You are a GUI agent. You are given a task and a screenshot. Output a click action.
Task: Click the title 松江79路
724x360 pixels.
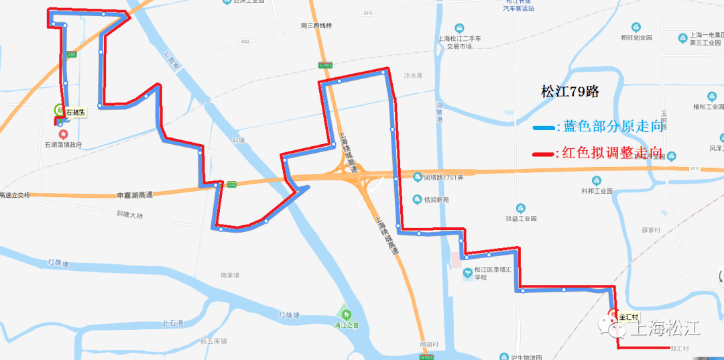569,92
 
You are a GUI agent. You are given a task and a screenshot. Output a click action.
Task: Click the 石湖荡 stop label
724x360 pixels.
75,112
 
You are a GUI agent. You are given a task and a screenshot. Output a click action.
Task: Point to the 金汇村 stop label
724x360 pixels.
630,316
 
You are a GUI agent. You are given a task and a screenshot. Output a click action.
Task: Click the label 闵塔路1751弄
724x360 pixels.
443,178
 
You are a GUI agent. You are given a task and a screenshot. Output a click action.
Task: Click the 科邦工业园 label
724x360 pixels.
597,190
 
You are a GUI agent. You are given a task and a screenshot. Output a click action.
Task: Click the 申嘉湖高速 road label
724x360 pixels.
135,195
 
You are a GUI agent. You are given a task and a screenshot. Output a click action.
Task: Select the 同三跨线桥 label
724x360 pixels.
316,25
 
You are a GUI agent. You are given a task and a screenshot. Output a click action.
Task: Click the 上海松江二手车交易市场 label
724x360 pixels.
459,42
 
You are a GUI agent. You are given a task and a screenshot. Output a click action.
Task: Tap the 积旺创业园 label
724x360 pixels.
636,38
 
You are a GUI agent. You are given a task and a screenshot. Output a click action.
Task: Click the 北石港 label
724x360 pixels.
172,324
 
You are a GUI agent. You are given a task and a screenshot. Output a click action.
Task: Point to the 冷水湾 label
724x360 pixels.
414,76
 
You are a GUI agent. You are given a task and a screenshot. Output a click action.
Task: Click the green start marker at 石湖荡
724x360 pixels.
59,110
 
